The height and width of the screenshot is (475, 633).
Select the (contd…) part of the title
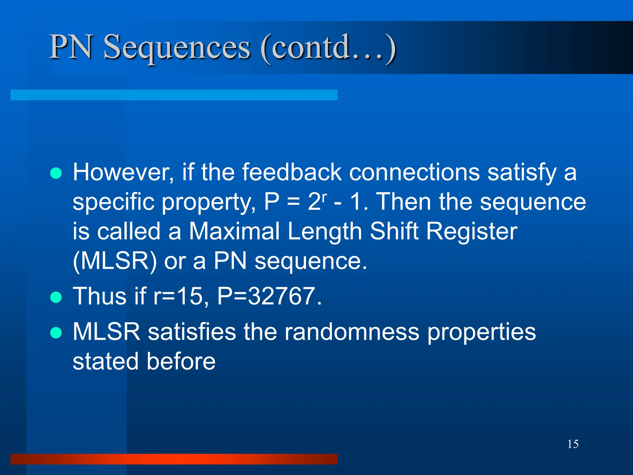point(328,47)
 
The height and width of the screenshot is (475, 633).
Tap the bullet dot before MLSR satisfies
point(56,333)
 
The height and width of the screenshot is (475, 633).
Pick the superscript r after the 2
point(324,197)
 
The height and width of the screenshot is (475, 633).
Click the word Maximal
point(234,231)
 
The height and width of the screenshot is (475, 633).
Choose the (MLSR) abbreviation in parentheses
point(115,261)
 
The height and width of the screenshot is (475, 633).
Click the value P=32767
point(269,296)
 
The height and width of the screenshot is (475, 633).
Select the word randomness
point(352,332)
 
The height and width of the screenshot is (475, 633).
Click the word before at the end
point(181,361)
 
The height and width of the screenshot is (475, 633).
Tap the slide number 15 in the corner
point(573,444)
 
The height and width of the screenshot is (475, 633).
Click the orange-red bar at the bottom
point(174,459)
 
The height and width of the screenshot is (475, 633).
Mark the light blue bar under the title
point(174,95)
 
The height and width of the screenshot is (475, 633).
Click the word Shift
point(394,231)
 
